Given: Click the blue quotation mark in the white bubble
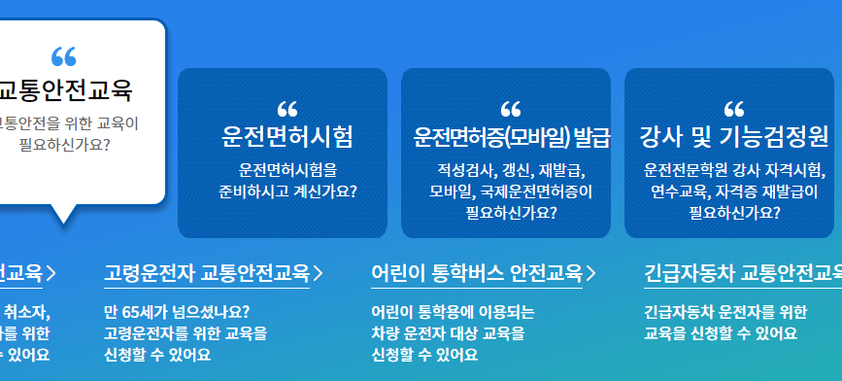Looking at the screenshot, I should pos(63,56).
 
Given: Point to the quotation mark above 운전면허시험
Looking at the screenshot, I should pos(287,108).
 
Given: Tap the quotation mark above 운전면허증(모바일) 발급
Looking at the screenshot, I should pos(511,108).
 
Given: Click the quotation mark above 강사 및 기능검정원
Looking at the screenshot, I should pos(734,108).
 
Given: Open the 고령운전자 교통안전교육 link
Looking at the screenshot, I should pos(206,273).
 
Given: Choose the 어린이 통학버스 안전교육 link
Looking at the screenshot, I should pos(477,273).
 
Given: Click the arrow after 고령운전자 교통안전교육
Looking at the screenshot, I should pos(318,273).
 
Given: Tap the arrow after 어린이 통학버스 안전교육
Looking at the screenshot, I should pos(590,273).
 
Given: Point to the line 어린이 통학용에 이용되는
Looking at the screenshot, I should pos(453,312).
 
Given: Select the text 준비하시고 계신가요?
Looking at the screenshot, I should pos(287,190).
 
